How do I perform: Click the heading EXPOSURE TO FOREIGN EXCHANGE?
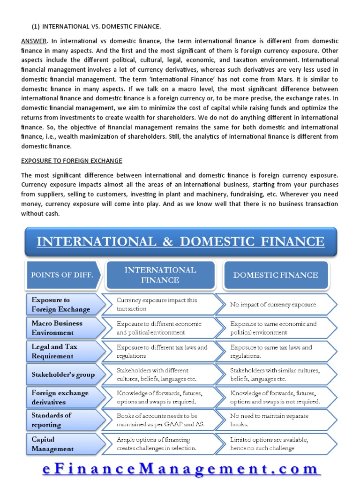[x=72, y=161]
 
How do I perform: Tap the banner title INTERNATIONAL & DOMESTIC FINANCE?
[x=180, y=241]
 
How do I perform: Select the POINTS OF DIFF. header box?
[x=62, y=275]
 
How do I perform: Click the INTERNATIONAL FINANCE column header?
[x=160, y=275]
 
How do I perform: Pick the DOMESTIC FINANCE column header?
[x=275, y=275]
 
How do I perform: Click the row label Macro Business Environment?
[x=58, y=328]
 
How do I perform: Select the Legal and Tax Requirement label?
[x=55, y=351]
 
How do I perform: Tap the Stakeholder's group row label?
[x=63, y=375]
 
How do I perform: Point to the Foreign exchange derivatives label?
[x=60, y=397]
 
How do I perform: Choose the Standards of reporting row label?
[x=52, y=420]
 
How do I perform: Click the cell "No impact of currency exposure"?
[x=273, y=305]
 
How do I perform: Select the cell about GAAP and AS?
[x=161, y=420]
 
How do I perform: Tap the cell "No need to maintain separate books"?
[x=269, y=420]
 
